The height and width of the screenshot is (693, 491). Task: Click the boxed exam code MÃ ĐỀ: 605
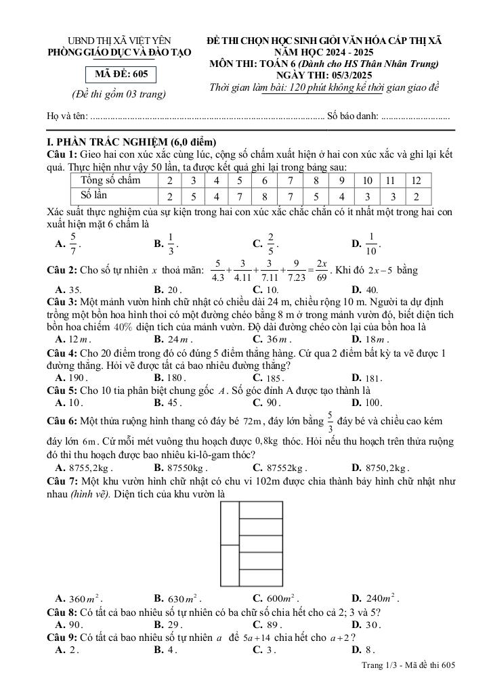click(121, 74)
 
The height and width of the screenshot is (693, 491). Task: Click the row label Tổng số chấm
click(110, 180)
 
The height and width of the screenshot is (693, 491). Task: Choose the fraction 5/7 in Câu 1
click(73, 243)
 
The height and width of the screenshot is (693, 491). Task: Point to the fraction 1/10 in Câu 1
click(372, 243)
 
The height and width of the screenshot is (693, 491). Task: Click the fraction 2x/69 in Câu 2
click(322, 270)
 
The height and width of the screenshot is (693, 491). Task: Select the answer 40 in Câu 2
click(372, 290)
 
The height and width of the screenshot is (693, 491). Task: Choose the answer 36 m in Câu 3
click(277, 339)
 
